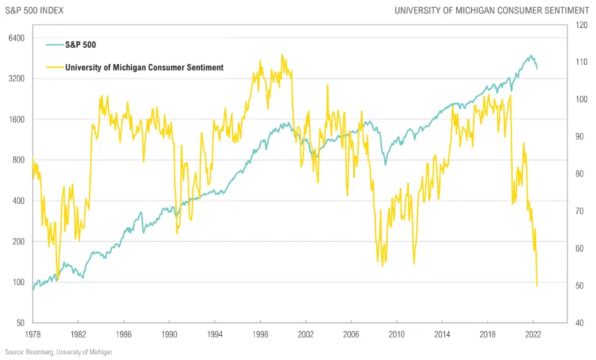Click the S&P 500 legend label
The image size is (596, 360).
(81, 45)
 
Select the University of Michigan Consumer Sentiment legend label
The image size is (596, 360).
(144, 67)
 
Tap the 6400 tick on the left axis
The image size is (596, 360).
(15, 38)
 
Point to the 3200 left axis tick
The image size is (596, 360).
(15, 79)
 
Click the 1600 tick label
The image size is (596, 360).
(15, 119)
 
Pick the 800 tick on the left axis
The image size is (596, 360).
(17, 160)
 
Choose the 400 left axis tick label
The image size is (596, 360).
(17, 201)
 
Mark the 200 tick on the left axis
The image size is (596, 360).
(17, 241)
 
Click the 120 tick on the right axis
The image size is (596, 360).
(581, 25)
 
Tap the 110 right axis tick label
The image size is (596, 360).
(581, 62)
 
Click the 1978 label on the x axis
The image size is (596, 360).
(33, 333)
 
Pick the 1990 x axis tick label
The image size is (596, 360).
(170, 333)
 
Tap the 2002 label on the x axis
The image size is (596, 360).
(306, 333)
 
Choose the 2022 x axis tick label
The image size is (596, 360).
(533, 333)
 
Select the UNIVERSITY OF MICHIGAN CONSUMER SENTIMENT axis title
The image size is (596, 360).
(491, 10)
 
